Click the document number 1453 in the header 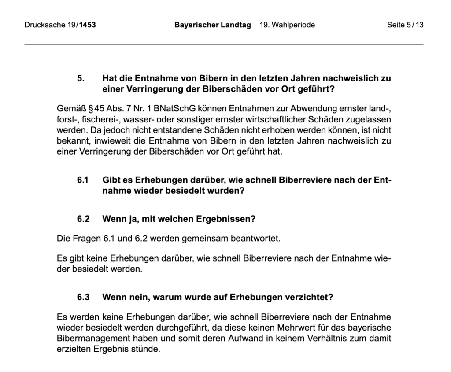tap(87, 25)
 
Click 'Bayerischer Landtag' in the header tap(212, 25)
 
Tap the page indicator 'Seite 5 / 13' tap(405, 25)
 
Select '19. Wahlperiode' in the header tap(287, 25)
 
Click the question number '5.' tap(81, 79)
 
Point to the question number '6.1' tap(83, 180)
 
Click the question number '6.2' tap(83, 219)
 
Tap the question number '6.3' tap(83, 297)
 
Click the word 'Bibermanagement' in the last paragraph tap(90, 339)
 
